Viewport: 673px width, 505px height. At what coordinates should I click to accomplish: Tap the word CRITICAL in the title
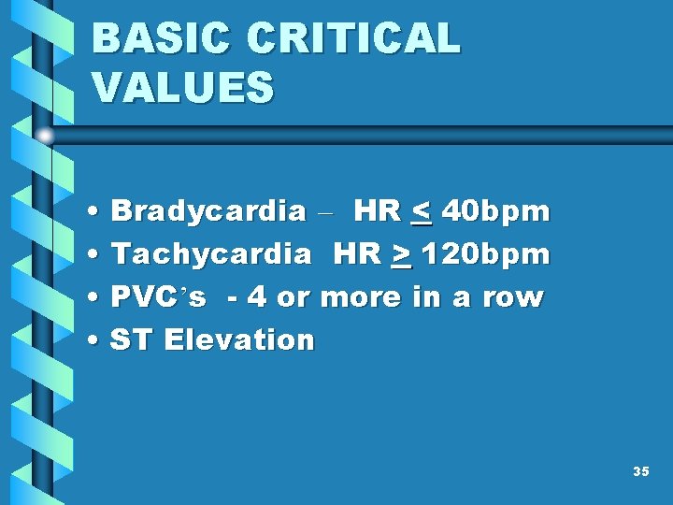[354, 39]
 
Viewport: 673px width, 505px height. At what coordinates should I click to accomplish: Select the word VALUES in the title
[183, 87]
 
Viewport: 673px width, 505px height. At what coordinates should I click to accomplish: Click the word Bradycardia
[208, 211]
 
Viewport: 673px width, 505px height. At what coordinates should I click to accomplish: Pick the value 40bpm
[495, 211]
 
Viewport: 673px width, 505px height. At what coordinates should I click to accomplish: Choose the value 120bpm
[485, 253]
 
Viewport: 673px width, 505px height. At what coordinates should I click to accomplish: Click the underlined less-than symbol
[422, 212]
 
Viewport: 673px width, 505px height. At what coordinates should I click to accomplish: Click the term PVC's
[158, 297]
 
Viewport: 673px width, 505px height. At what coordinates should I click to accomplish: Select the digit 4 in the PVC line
[256, 297]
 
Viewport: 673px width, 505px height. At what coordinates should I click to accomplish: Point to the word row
[512, 297]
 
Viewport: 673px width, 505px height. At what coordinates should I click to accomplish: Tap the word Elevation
[239, 339]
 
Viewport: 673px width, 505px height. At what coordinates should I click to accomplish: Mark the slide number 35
[640, 471]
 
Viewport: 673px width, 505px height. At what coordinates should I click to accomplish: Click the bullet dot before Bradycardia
[96, 212]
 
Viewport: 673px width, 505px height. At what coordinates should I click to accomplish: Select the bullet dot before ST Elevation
[96, 340]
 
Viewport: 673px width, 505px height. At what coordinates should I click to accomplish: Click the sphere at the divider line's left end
[45, 136]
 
